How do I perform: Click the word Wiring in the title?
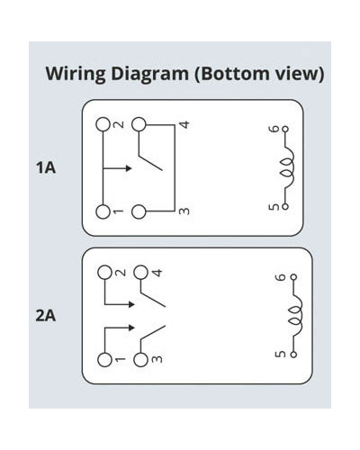(76, 74)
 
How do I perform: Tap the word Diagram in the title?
(149, 74)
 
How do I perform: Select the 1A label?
(46, 167)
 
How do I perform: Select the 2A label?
(46, 316)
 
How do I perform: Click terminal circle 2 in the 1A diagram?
(103, 124)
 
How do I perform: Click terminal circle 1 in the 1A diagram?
(103, 211)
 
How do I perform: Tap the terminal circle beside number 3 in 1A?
(139, 211)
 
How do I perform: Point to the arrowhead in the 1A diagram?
(129, 168)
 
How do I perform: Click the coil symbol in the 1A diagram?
(287, 168)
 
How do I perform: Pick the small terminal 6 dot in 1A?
(285, 129)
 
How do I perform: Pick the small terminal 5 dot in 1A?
(285, 207)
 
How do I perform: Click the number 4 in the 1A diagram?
(185, 124)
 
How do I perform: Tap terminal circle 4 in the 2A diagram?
(140, 273)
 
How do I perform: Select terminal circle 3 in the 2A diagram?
(140, 360)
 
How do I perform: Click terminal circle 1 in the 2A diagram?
(104, 360)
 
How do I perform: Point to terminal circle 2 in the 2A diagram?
(104, 273)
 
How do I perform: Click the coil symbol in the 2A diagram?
(295, 316)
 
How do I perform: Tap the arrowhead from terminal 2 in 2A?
(131, 304)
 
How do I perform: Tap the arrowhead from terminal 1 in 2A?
(131, 328)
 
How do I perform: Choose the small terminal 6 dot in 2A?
(293, 277)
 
